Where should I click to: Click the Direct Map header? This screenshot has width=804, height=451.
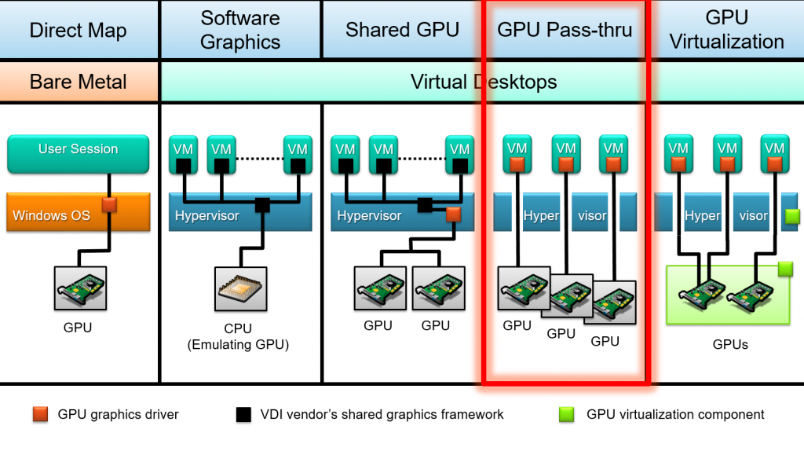[x=78, y=31]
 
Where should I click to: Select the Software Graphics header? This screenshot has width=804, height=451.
[x=240, y=30]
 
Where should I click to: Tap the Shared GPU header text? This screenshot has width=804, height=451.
[x=402, y=31]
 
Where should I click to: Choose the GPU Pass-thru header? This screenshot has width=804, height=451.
[x=565, y=31]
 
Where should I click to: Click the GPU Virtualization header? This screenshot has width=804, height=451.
[x=726, y=30]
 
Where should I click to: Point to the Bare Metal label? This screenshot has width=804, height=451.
[x=79, y=82]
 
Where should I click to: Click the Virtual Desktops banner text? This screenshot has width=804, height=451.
[x=484, y=82]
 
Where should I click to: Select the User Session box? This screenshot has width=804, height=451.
[x=78, y=154]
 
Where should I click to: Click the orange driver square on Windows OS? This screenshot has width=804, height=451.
[x=110, y=204]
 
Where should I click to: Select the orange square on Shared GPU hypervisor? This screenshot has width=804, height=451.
[x=453, y=214]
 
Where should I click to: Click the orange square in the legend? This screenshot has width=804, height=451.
[x=41, y=414]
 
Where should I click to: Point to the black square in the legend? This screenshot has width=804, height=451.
[x=243, y=414]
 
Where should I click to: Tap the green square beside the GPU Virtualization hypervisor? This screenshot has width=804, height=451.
[x=792, y=214]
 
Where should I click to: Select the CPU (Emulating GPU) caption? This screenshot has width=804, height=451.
[x=240, y=336]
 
